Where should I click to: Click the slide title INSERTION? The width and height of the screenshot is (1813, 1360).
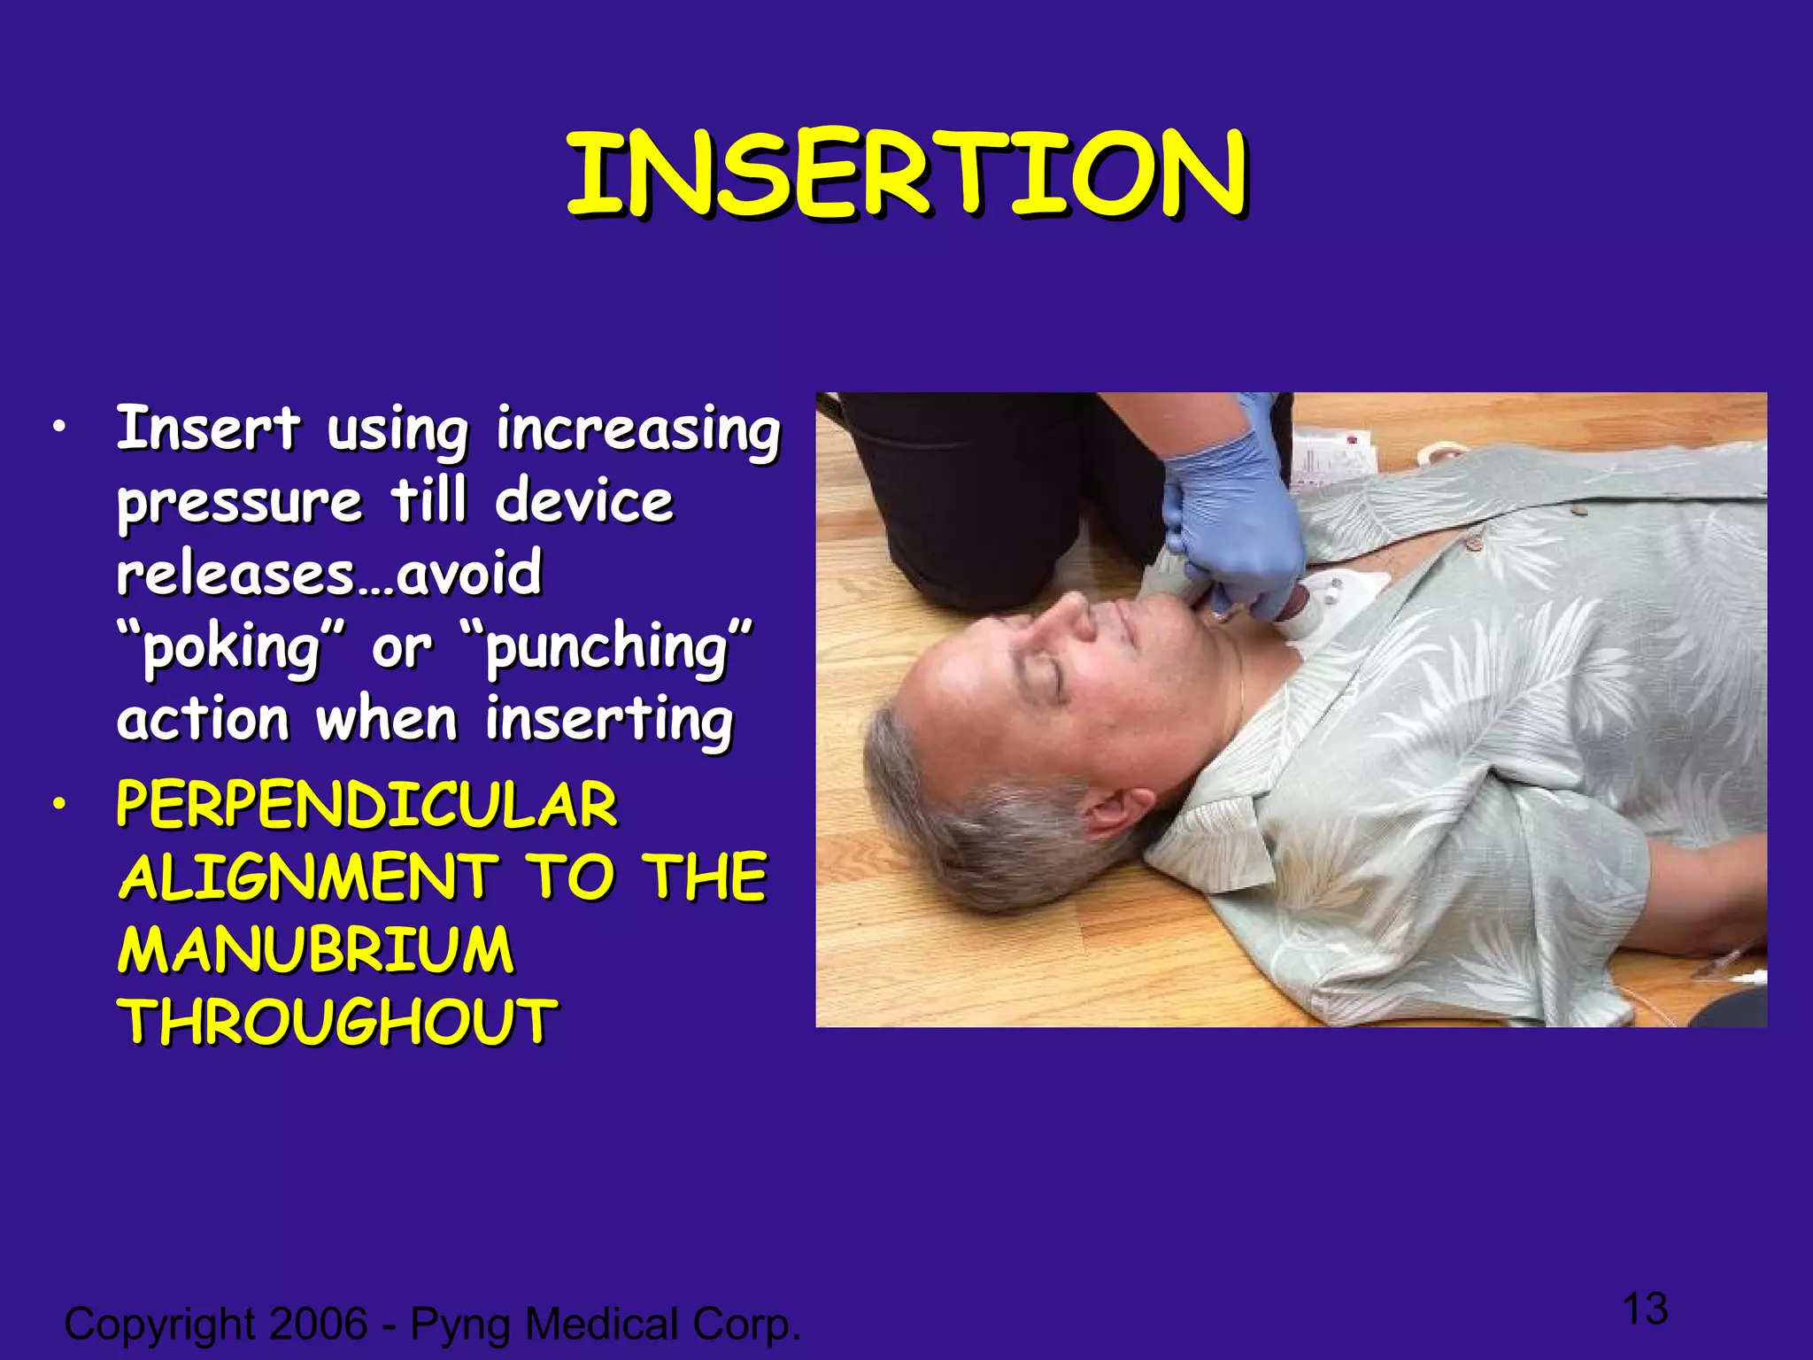(x=906, y=174)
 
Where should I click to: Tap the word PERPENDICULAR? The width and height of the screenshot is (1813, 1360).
(x=366, y=805)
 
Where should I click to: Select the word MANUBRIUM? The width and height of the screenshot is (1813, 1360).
(x=316, y=950)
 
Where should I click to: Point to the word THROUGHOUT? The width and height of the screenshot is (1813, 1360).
(x=337, y=1023)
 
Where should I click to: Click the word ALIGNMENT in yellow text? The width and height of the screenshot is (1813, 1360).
(x=309, y=877)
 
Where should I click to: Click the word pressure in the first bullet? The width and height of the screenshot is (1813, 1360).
(x=240, y=502)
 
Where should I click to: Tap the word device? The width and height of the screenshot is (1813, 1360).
(x=584, y=502)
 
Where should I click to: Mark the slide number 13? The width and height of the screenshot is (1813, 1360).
(x=1645, y=1309)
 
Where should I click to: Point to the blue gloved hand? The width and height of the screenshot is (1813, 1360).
(x=1231, y=522)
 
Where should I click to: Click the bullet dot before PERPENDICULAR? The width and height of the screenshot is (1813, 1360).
(x=58, y=805)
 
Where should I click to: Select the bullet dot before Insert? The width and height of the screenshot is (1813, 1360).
(x=58, y=429)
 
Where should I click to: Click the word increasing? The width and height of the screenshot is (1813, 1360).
(x=637, y=431)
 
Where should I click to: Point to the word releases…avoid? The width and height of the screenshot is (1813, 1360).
(x=329, y=575)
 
